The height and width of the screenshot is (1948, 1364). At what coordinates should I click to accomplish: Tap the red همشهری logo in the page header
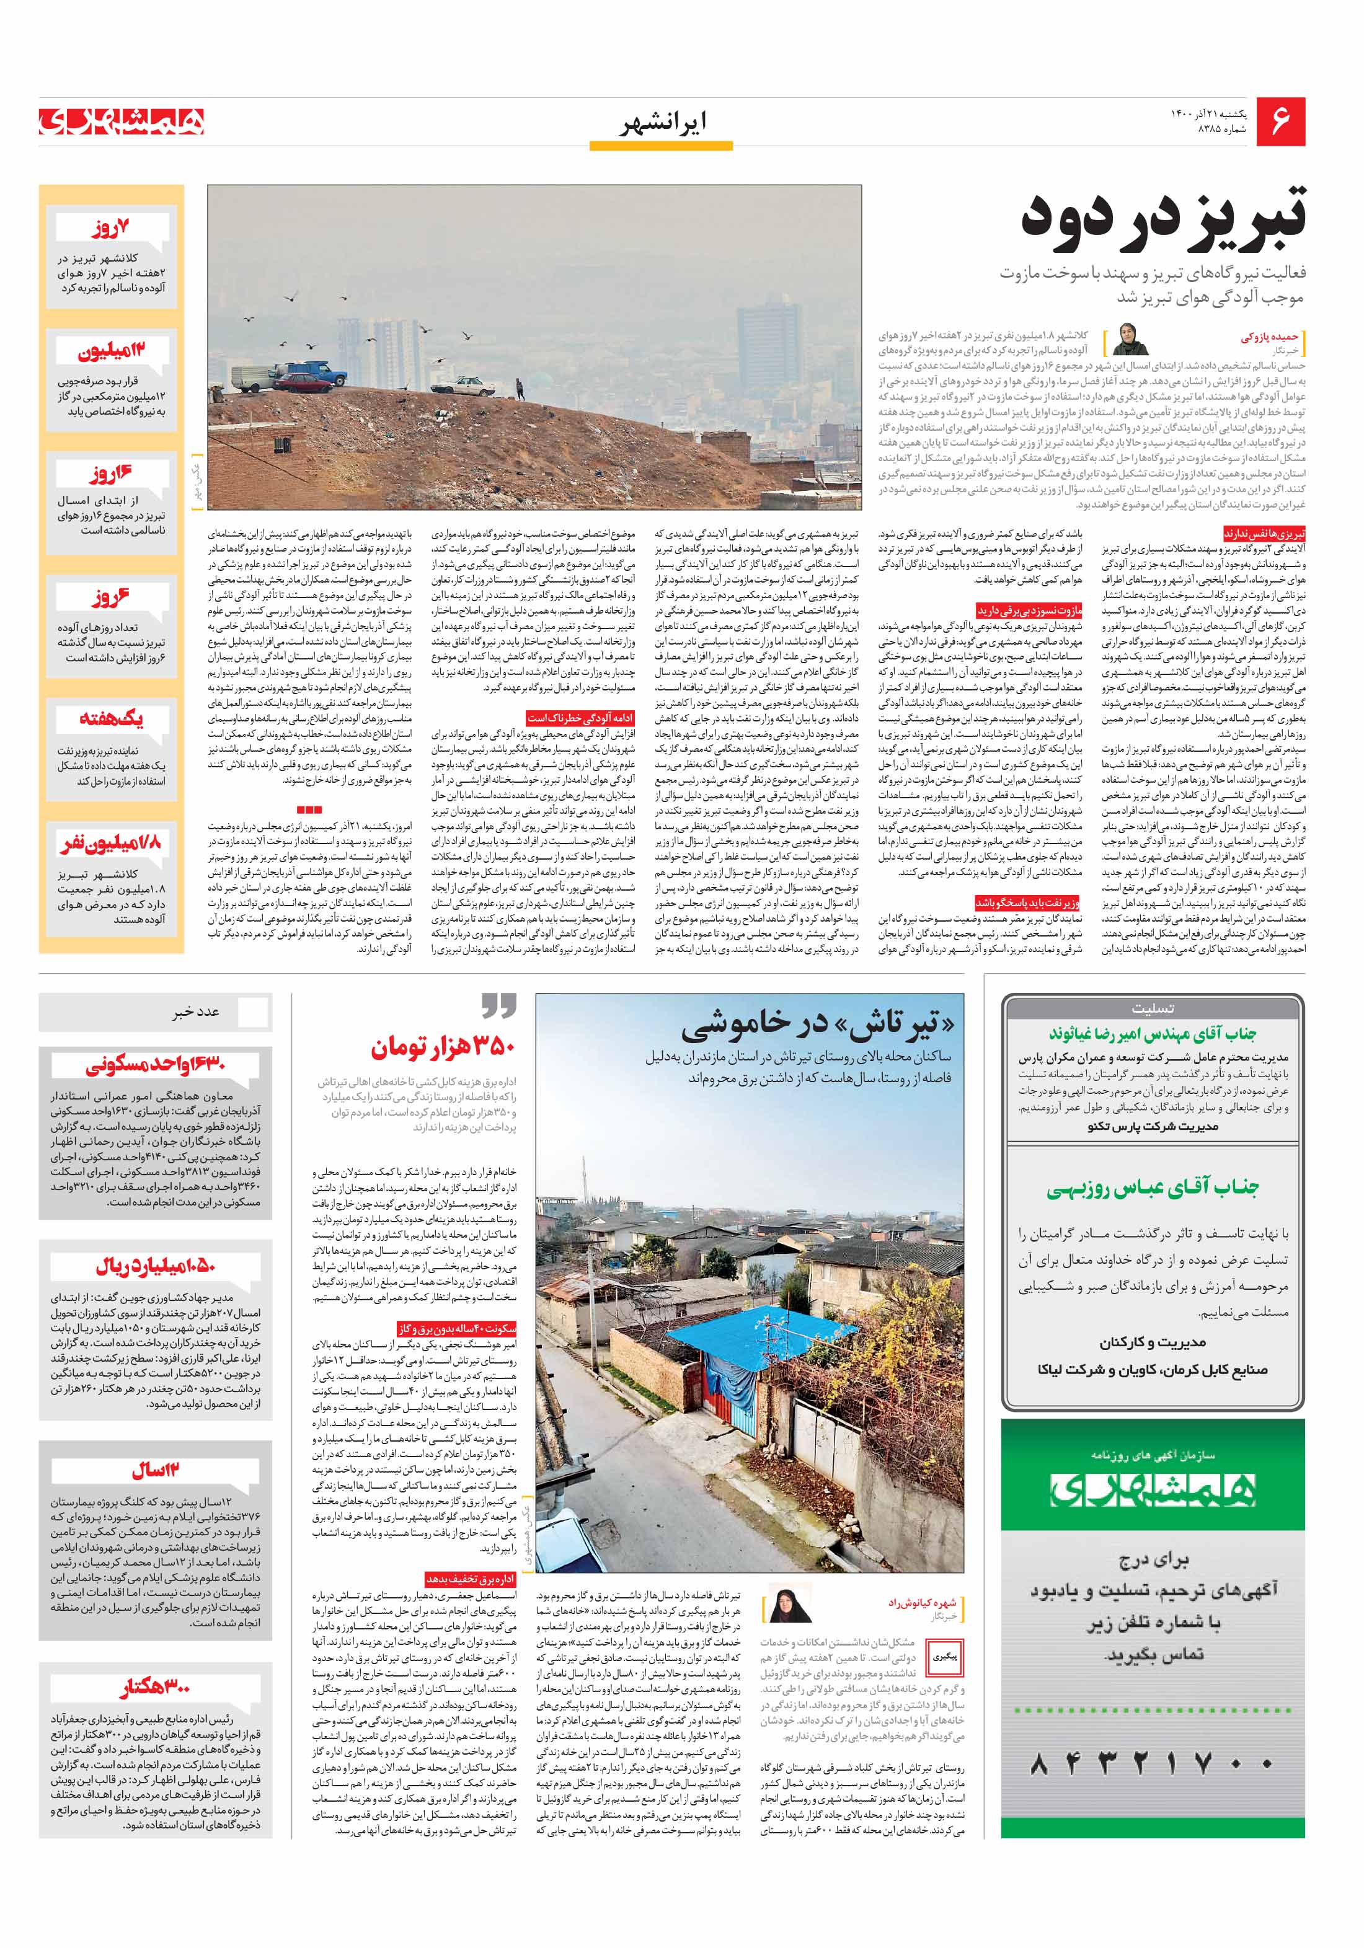coord(122,121)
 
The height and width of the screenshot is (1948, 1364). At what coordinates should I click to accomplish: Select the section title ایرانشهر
coord(662,124)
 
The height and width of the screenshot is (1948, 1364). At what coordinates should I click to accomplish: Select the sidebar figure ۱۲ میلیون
coord(111,350)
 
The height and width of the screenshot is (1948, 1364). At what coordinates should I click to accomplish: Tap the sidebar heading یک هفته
coord(111,720)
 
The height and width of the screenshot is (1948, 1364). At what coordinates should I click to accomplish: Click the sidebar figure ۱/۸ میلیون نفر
coord(111,844)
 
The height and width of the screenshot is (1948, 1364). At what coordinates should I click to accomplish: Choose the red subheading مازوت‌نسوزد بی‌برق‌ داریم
coord(1029,610)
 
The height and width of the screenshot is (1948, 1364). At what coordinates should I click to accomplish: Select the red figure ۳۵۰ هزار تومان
coord(442,1049)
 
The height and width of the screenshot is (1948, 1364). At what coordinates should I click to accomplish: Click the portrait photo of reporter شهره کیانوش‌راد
coord(789,1603)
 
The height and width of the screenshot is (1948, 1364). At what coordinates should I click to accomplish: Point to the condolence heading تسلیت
coord(1152,1009)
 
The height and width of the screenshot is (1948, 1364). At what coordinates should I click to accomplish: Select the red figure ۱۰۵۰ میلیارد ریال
coord(156,1267)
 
